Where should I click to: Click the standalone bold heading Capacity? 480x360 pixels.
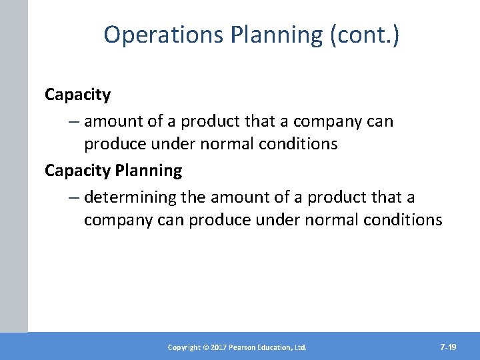click(x=77, y=95)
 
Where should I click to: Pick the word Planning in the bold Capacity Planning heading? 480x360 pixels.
click(x=149, y=171)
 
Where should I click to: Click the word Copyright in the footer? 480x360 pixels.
click(x=185, y=347)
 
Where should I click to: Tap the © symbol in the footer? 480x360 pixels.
click(x=207, y=347)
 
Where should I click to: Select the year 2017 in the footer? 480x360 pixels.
click(x=219, y=347)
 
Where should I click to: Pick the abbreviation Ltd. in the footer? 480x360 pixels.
click(x=299, y=347)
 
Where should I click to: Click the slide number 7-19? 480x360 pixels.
click(x=448, y=347)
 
